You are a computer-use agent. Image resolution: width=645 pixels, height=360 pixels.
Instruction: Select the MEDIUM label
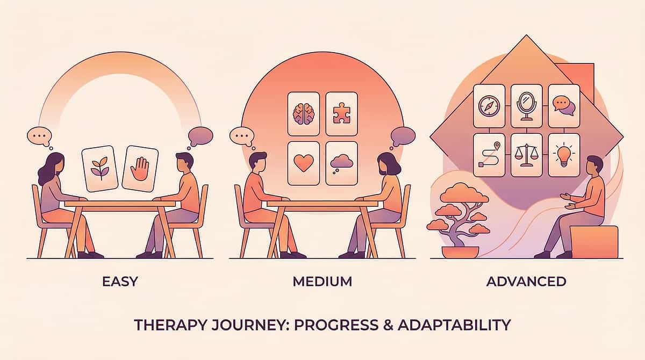coord(322,281)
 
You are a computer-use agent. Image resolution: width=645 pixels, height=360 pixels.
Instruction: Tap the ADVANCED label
coord(527,281)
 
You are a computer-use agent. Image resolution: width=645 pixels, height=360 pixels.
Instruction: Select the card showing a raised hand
coord(140,168)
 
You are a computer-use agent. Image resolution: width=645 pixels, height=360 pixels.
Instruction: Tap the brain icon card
coord(303,113)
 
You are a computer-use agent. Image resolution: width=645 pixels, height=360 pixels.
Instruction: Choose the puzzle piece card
coord(342,113)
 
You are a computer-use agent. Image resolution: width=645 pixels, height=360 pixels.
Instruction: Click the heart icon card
coord(304,163)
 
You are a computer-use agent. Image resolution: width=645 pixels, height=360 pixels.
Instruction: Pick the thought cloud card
coord(342,163)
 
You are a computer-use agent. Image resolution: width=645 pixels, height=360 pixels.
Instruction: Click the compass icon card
coord(489,105)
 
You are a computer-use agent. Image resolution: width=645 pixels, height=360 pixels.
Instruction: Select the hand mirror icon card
coord(526,105)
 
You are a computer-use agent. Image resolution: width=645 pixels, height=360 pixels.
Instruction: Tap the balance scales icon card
coord(526,155)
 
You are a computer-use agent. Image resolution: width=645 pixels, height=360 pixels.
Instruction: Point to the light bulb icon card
coord(564,155)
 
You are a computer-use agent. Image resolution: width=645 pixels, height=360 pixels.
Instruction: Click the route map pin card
coord(489,155)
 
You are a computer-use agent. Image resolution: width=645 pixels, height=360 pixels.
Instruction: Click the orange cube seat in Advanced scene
coord(593,242)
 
